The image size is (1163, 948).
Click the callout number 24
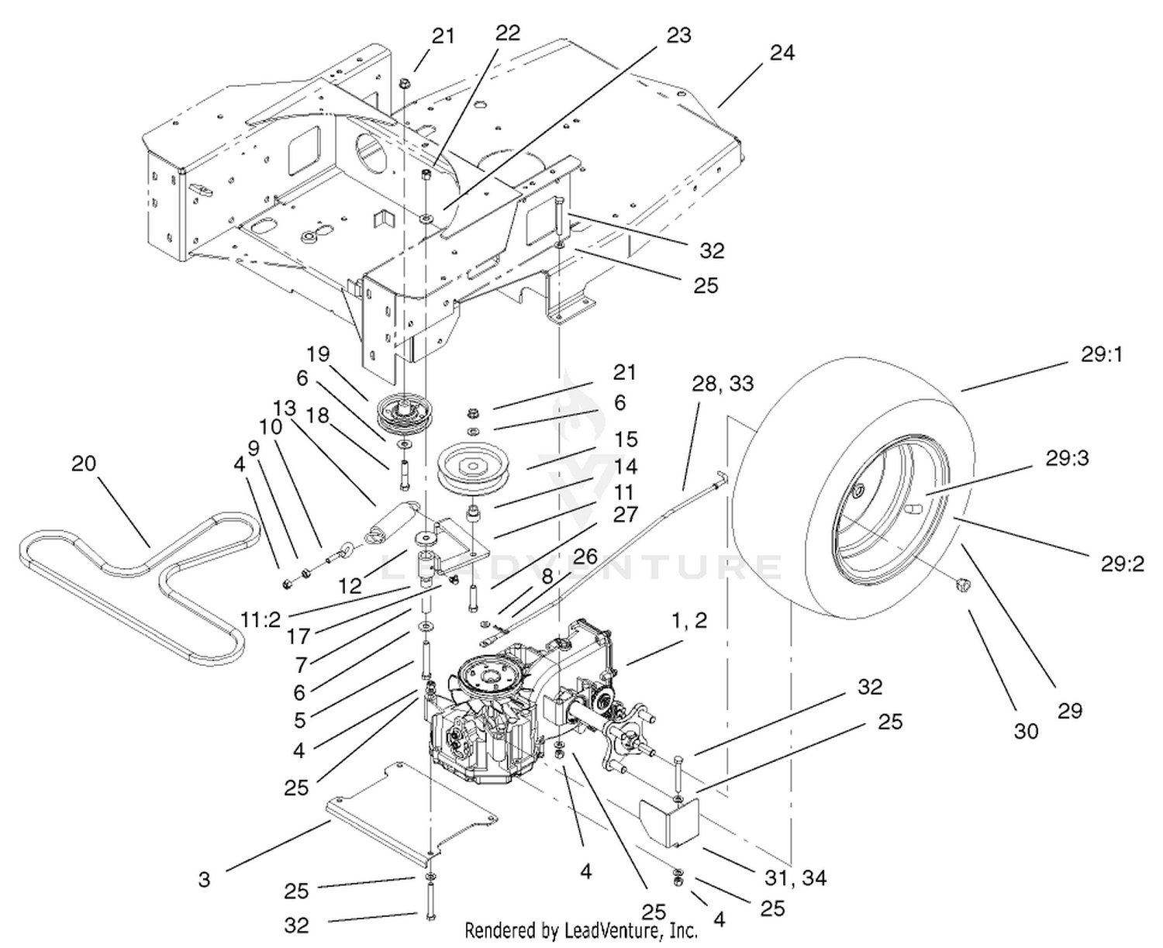pyautogui.click(x=782, y=53)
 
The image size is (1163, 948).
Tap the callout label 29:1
pyautogui.click(x=1102, y=354)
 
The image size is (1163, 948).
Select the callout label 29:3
pyautogui.click(x=1067, y=458)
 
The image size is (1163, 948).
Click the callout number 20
pyautogui.click(x=84, y=464)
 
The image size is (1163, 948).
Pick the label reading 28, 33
pyautogui.click(x=723, y=384)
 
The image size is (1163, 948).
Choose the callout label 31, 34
pyautogui.click(x=795, y=877)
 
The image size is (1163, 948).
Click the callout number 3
pyautogui.click(x=204, y=879)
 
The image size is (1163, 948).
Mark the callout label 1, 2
pyautogui.click(x=689, y=620)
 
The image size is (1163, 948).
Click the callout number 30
pyautogui.click(x=1026, y=730)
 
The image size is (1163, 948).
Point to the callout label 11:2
pyautogui.click(x=261, y=620)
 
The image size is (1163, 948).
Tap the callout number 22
pyautogui.click(x=508, y=33)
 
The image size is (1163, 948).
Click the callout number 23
pyautogui.click(x=678, y=36)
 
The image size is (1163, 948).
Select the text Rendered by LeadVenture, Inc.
pyautogui.click(x=581, y=930)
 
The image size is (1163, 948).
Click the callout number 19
pyautogui.click(x=318, y=354)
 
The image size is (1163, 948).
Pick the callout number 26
pyautogui.click(x=586, y=556)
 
